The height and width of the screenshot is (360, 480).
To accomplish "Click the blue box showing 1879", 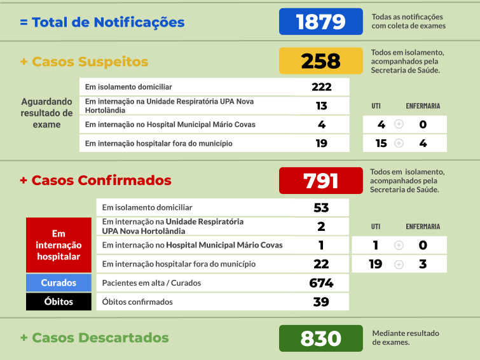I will pos(321,22).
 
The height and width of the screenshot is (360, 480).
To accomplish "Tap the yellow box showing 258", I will pos(321,61).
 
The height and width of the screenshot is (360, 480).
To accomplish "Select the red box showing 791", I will pos(321,181).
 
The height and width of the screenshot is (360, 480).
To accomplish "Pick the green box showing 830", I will pos(321,338).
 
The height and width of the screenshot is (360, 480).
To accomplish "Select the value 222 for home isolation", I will pos(322,87).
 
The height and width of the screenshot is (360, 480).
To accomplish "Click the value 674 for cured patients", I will pos(322,283).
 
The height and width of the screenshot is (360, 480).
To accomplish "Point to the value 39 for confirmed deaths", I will pos(322,302).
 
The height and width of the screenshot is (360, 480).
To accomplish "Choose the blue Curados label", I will pos(58,283).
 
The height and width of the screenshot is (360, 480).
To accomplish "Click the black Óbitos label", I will pos(58,302).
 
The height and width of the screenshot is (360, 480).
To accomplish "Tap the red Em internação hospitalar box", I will pos(58,245).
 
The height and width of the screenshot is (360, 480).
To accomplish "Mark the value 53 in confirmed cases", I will pos(322,208).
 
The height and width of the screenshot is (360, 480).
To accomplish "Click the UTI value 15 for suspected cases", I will pos(381,143).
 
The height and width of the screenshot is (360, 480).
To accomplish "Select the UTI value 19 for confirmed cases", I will pos(376,264).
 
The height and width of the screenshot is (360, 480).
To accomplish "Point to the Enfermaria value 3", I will pos(423,264).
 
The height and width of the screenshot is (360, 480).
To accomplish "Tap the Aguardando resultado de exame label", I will pos(47,113).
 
